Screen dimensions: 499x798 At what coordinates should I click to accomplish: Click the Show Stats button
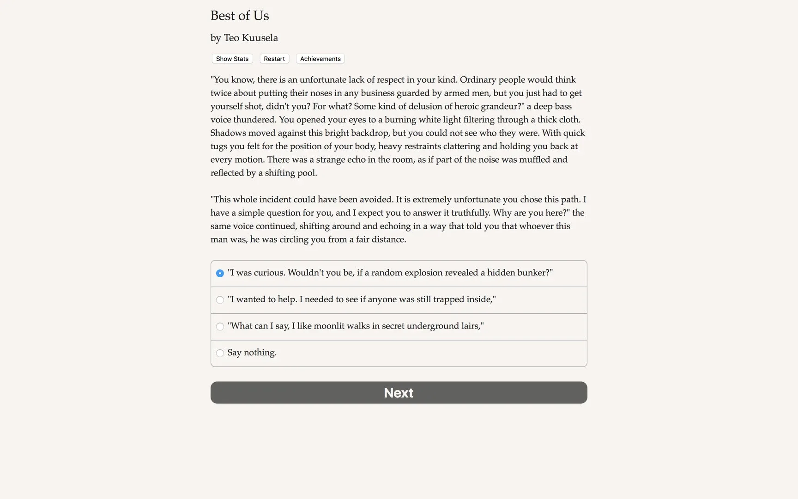(232, 59)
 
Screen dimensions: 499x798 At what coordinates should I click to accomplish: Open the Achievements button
(320, 59)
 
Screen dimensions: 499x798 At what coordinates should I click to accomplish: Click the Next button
(399, 392)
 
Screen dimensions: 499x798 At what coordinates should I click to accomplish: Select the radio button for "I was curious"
(220, 273)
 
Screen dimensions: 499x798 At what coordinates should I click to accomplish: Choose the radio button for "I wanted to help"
(220, 300)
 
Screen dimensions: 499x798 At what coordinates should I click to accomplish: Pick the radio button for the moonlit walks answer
(220, 327)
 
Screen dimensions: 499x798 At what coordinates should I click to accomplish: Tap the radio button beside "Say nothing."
(220, 353)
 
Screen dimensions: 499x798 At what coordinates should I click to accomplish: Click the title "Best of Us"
(240, 16)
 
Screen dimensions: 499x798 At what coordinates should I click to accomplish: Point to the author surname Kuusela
(260, 38)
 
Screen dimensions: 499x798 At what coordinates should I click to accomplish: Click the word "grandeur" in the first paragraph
(502, 107)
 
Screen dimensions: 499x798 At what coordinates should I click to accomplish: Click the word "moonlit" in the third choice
(329, 326)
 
